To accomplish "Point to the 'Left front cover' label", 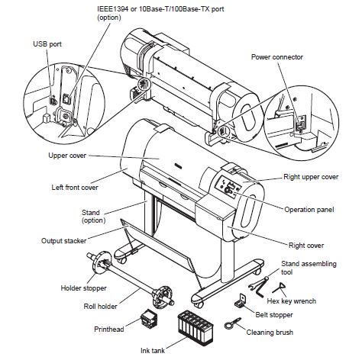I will coord(57,187).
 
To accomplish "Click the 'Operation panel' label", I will coord(312,209).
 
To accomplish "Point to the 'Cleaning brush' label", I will coord(273,333).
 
